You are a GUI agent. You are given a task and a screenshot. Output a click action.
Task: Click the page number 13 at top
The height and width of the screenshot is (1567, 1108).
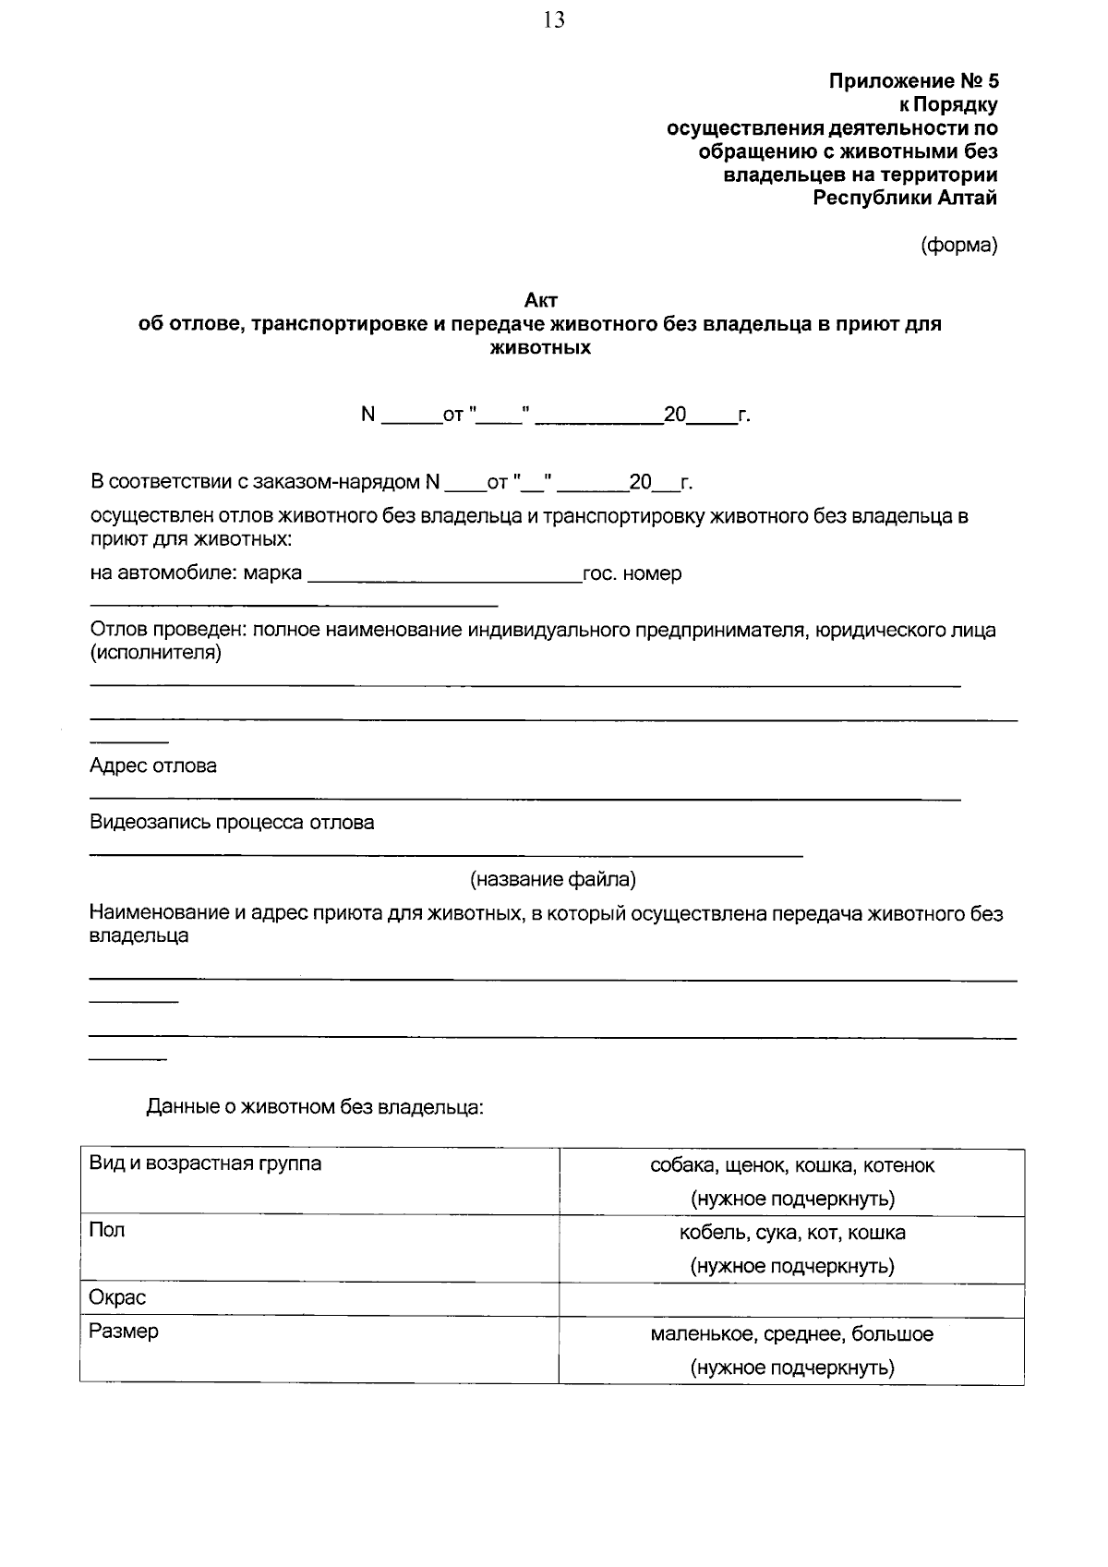pos(554,20)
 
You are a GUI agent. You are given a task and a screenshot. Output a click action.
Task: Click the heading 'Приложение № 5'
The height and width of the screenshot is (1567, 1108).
pos(912,81)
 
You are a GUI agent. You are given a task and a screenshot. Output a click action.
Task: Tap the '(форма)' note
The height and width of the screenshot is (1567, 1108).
pos(958,246)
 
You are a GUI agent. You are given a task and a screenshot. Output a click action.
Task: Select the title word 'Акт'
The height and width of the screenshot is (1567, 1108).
pos(541,300)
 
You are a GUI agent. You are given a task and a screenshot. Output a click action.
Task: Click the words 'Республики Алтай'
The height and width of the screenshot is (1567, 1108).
pos(904,198)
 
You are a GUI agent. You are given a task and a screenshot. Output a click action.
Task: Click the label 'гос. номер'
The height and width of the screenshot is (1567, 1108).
pos(632,573)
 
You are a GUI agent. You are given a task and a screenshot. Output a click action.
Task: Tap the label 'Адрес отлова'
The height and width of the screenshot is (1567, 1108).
pos(153,765)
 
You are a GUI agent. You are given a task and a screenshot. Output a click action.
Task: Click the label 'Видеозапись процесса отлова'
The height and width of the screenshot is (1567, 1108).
pos(232,822)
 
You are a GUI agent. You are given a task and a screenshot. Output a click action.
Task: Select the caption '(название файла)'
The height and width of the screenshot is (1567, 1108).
pos(553,879)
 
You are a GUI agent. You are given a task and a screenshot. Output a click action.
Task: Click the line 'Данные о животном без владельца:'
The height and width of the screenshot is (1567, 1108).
pos(315,1106)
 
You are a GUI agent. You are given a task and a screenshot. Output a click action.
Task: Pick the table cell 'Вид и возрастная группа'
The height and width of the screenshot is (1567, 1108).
pos(205,1163)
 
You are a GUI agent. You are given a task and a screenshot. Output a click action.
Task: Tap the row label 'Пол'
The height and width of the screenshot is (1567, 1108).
pos(106,1230)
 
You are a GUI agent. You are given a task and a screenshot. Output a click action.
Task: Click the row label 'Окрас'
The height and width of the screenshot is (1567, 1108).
pos(117,1297)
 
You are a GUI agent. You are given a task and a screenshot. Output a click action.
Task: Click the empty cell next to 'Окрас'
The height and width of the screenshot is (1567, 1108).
pos(791,1300)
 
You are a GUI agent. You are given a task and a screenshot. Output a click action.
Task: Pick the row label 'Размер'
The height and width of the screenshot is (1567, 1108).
pos(124,1332)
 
